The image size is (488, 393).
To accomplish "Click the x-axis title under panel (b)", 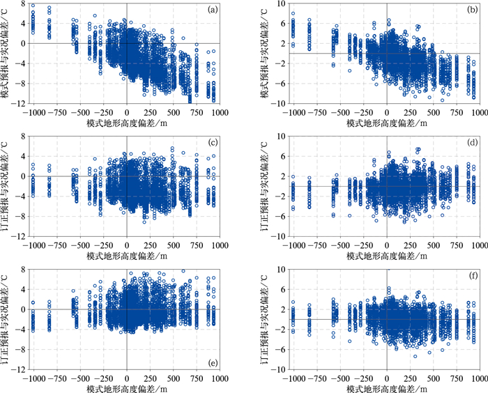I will point(386,123).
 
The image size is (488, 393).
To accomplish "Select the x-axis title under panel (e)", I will point(126,389).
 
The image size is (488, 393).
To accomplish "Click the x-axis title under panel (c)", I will point(126,256).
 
